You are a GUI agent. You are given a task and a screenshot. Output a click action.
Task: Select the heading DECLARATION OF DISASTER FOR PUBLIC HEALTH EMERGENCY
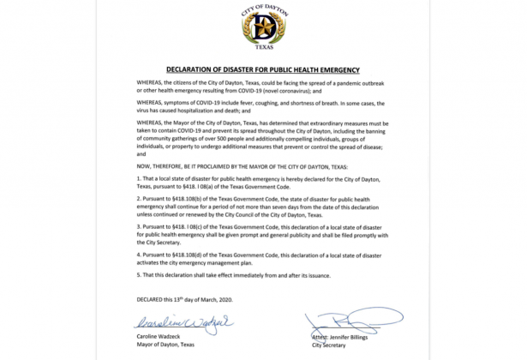[x=262, y=69]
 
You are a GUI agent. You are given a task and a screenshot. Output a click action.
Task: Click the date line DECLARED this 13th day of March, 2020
[x=182, y=299]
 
